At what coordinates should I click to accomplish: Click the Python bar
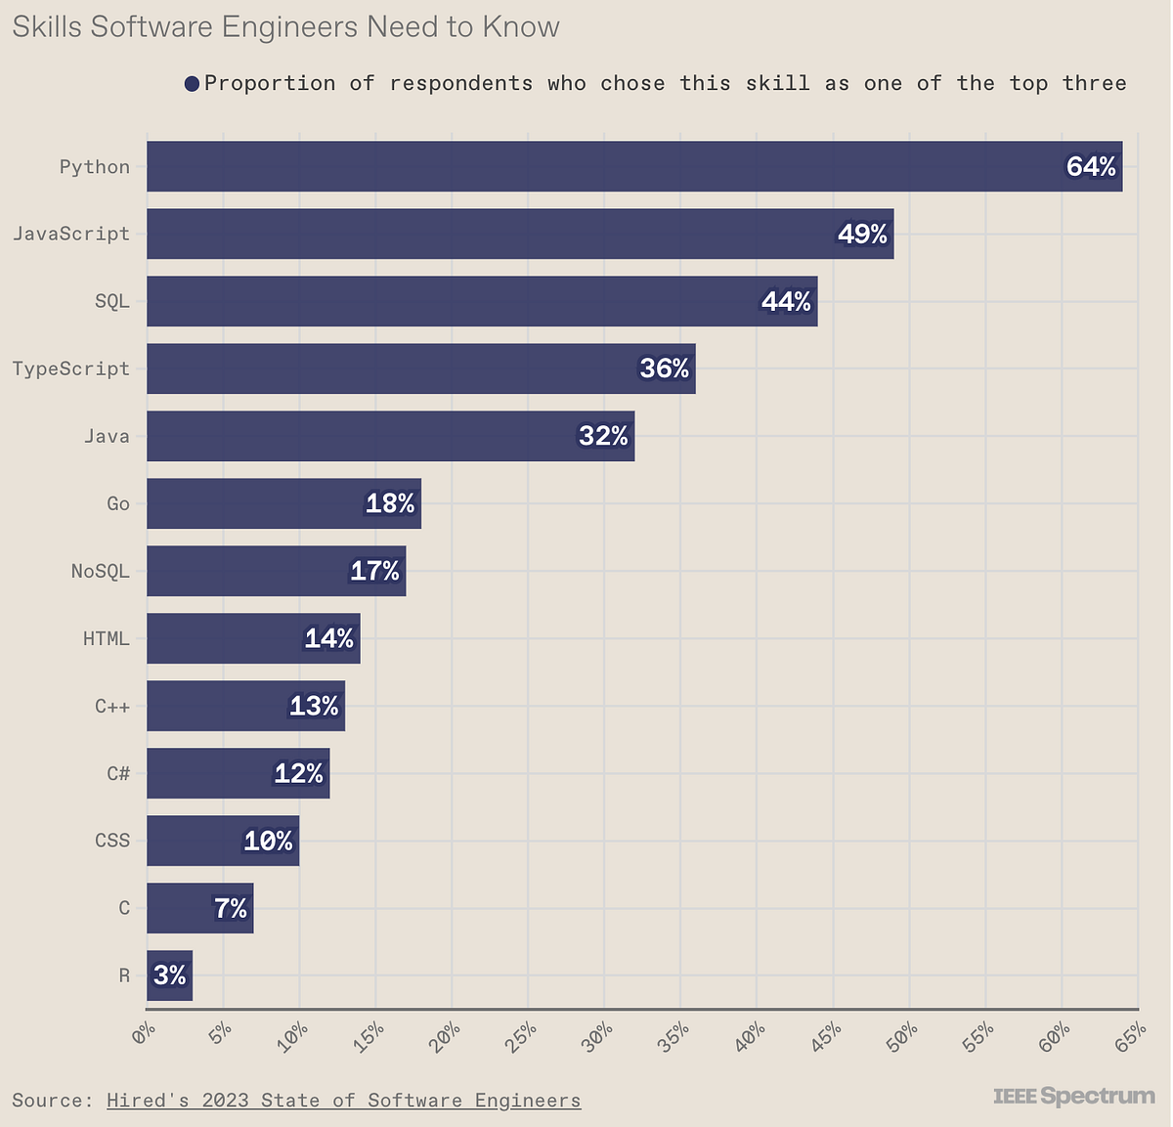pyautogui.click(x=586, y=166)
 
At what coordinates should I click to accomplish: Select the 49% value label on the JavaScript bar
pyautogui.click(x=862, y=235)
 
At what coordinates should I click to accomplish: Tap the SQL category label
pyautogui.click(x=111, y=301)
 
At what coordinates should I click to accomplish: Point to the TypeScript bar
pyautogui.click(x=391, y=368)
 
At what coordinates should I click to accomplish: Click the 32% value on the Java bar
pyautogui.click(x=603, y=436)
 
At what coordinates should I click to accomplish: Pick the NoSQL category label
pyautogui.click(x=100, y=571)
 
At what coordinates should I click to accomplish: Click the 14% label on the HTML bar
pyautogui.click(x=328, y=639)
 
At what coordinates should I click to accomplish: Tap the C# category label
pyautogui.click(x=117, y=773)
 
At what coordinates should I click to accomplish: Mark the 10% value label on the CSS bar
pyautogui.click(x=268, y=841)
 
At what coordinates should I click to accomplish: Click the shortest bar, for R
pyautogui.click(x=169, y=975)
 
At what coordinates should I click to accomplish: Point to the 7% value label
pyautogui.click(x=231, y=909)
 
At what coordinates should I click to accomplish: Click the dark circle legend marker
pyautogui.click(x=192, y=84)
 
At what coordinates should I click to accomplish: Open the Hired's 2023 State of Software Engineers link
pyautogui.click(x=343, y=1101)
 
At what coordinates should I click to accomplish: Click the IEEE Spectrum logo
pyautogui.click(x=1073, y=1096)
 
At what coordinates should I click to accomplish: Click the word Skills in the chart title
pyautogui.click(x=46, y=26)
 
